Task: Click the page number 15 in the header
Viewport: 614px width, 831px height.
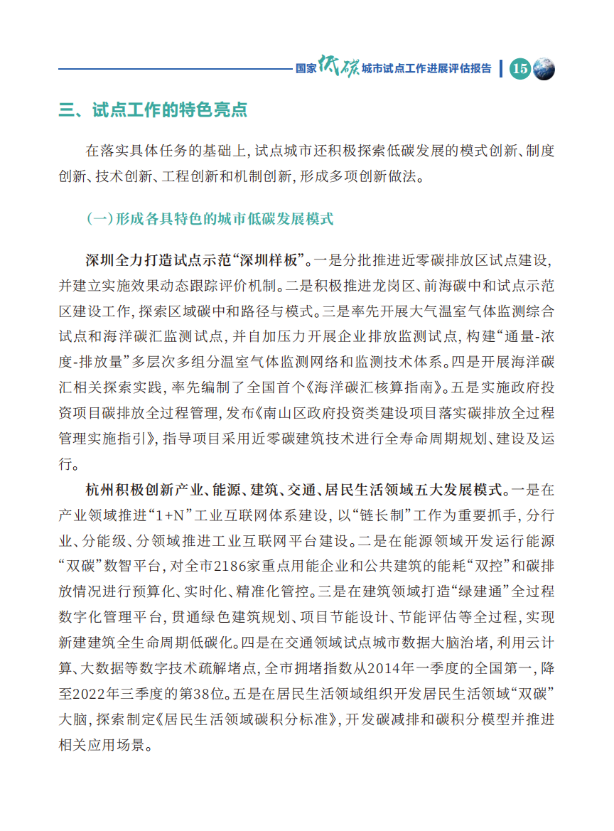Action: click(520, 68)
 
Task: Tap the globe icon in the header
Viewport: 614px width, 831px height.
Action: click(544, 68)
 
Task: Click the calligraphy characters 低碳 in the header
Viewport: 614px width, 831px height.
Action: click(339, 67)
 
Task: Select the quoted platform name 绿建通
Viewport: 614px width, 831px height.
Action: click(469, 591)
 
